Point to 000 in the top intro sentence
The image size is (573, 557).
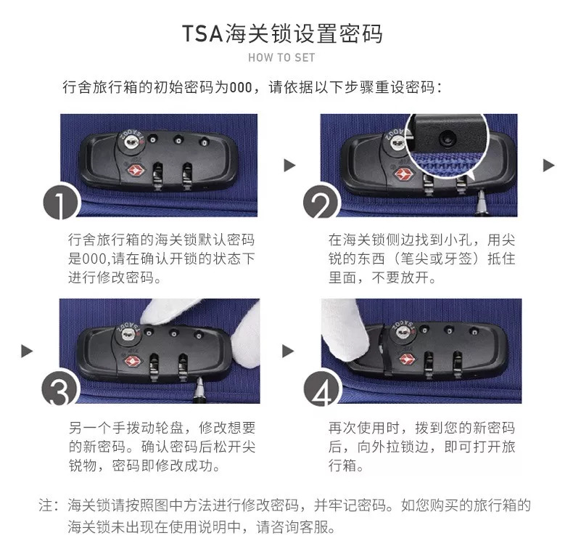pos(239,88)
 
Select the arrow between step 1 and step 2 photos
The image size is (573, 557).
pos(289,166)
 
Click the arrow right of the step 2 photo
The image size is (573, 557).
pos(549,166)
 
